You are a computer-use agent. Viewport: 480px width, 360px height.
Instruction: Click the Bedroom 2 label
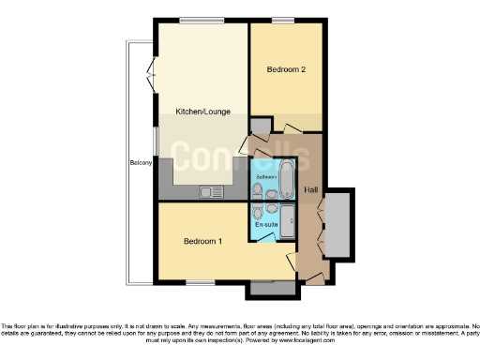(286, 68)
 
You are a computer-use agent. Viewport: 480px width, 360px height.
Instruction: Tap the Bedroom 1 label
(202, 241)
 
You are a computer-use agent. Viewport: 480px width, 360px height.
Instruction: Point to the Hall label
(310, 189)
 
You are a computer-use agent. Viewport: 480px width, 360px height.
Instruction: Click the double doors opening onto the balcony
(153, 71)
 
